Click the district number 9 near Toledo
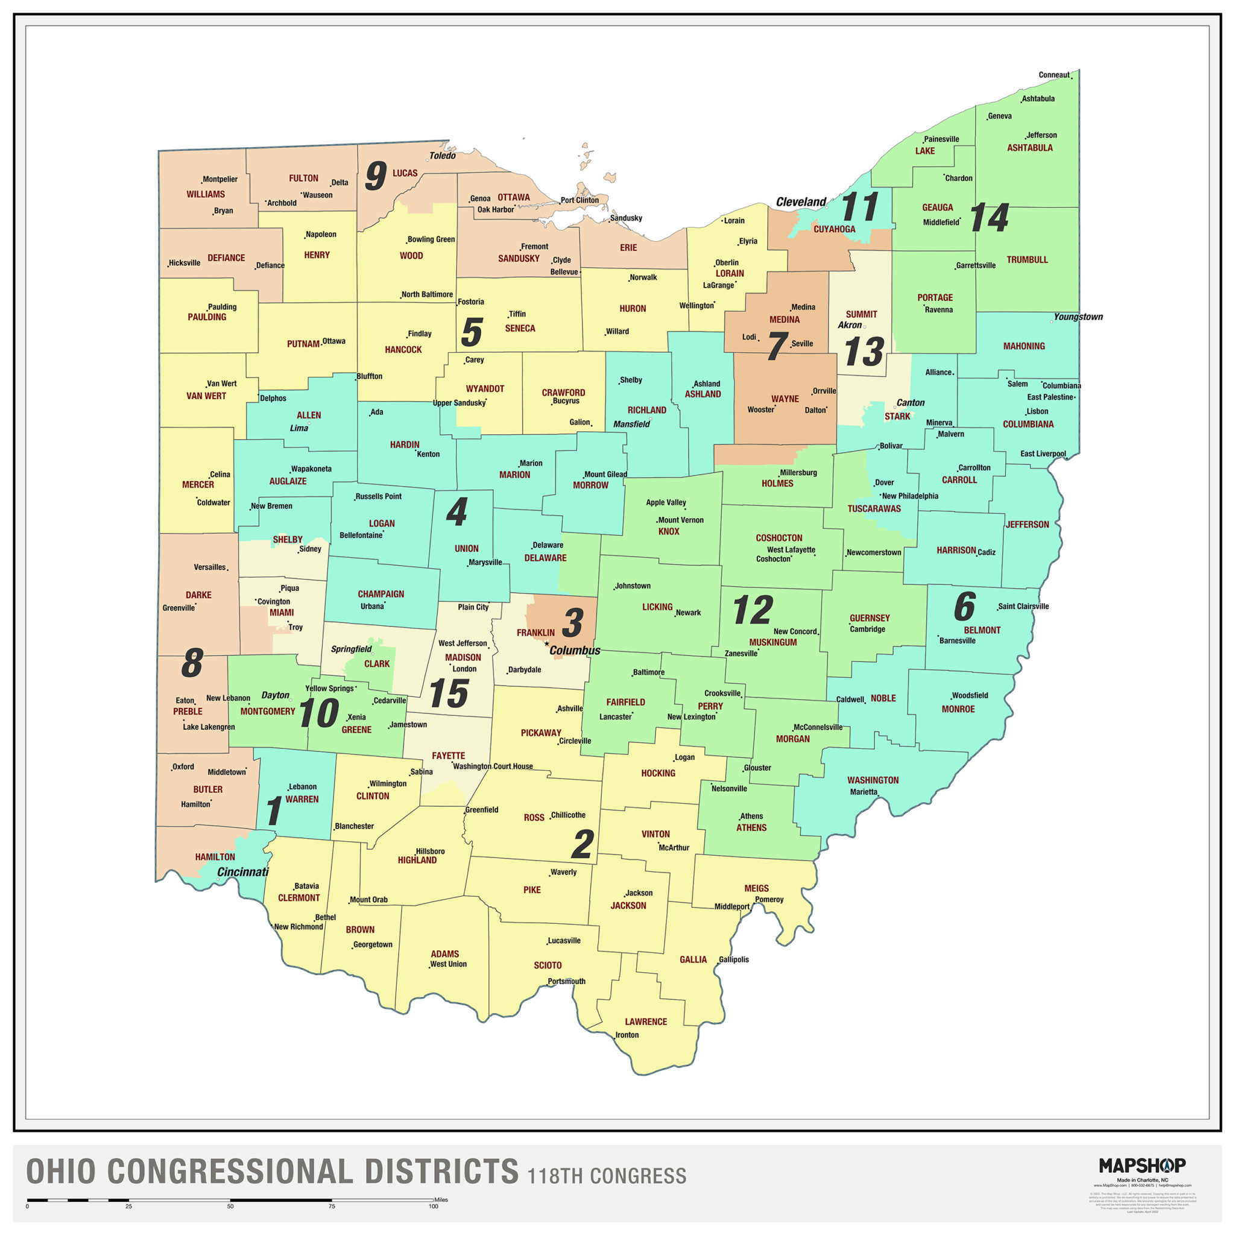(x=376, y=176)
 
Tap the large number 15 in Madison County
(x=449, y=693)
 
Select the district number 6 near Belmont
(x=965, y=607)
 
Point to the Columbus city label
(x=575, y=651)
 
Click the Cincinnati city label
(x=243, y=872)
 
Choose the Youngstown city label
(x=1078, y=317)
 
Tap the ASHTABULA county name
(x=1029, y=148)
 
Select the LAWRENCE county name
(x=646, y=1022)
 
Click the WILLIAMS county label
(x=205, y=194)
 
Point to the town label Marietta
(x=863, y=792)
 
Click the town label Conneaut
(x=1053, y=75)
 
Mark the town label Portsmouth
(x=566, y=981)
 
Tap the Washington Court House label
(x=492, y=766)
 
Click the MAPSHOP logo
(x=1142, y=1165)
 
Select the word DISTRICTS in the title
(x=441, y=1172)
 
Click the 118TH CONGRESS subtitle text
(x=607, y=1176)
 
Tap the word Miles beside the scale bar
(x=440, y=1200)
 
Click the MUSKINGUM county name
(x=773, y=642)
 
